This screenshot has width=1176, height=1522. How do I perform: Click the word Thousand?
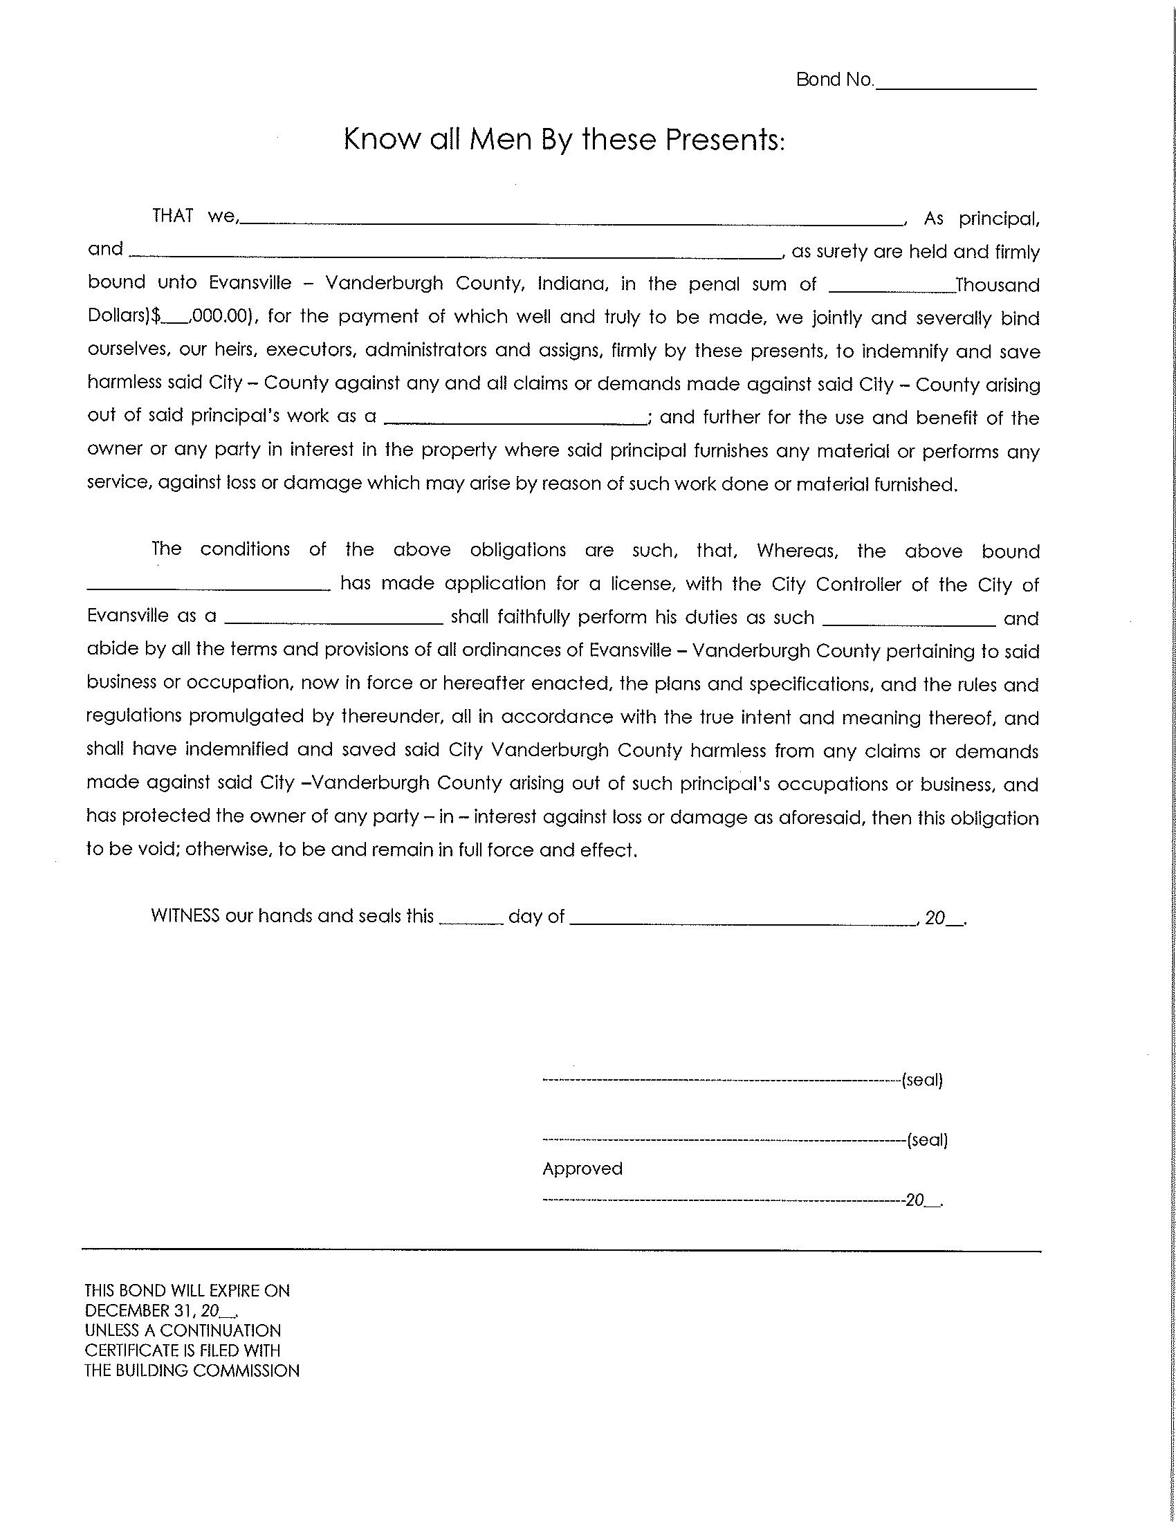[998, 285]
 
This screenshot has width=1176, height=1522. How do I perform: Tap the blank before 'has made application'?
[209, 586]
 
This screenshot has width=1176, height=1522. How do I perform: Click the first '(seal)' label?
[922, 1081]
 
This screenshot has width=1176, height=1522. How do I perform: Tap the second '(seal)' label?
[927, 1141]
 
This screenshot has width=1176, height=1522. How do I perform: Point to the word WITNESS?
[185, 916]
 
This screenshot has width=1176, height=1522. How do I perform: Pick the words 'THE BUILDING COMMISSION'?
[192, 1370]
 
